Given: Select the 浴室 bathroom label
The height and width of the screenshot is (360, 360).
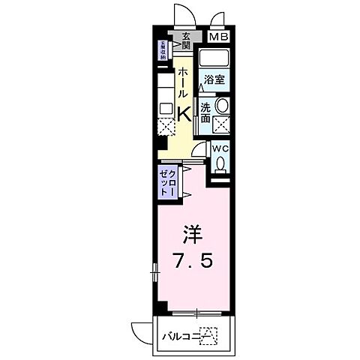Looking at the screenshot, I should point(213,79).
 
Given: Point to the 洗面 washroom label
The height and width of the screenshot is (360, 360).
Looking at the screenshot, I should point(205,112).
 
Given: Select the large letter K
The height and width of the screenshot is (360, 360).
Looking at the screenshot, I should point(184,112).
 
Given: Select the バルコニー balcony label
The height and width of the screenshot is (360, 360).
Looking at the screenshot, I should point(182,335).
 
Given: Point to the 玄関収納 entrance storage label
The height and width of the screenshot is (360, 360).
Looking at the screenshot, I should point(161,50).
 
